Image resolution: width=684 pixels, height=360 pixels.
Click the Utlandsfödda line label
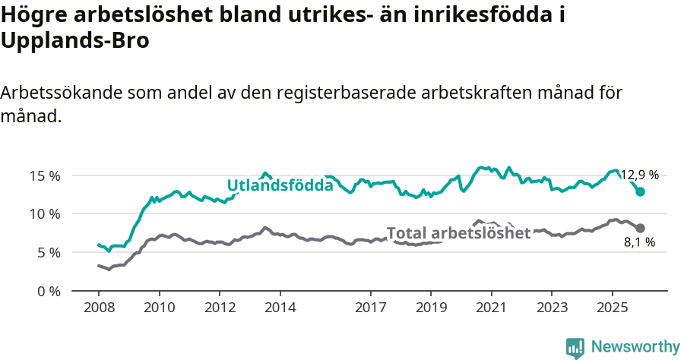(280, 185)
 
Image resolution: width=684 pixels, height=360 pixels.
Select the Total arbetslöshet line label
(458, 233)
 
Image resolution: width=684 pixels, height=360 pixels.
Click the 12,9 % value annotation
(639, 175)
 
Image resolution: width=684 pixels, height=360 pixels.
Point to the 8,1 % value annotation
(639, 243)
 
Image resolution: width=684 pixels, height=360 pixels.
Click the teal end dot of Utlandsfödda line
(640, 192)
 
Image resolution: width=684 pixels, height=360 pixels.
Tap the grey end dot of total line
(640, 228)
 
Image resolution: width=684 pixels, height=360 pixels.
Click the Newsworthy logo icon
(575, 347)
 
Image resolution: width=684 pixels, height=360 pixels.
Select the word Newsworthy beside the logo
(635, 347)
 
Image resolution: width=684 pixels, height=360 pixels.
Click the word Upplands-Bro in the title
(74, 41)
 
